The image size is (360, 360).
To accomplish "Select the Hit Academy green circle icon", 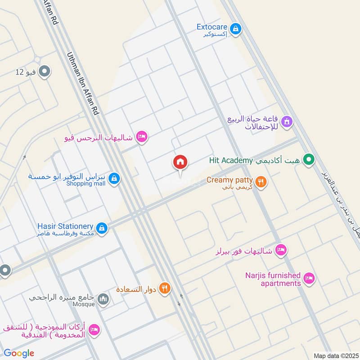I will coord(308,159).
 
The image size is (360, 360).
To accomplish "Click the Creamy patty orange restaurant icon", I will coord(261,182).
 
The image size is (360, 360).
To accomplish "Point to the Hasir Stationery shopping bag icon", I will coord(102,228).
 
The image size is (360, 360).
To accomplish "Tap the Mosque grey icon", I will coord(103,299).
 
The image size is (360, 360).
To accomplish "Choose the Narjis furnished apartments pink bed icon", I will coord(308,279).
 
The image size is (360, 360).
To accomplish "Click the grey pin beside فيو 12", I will coord(45,71).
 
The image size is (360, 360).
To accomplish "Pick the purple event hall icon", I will coord(287,121).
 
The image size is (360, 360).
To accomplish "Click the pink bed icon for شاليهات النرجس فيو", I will coord(142,136).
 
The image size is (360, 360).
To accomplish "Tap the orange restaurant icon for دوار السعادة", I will coord(165,288).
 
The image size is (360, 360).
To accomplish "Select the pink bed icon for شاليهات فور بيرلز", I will coord(281,250).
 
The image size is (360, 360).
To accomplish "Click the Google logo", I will coord(19,353).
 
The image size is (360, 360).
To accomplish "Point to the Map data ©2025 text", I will coord(335,355).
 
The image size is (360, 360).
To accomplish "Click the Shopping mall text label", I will coord(85,184).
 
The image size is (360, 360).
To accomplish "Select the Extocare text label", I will coord(212,27).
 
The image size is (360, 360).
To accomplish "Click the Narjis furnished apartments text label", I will coord(273,279).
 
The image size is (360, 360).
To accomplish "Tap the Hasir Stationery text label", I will coord(66,226).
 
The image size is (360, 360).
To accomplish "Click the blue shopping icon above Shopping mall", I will coord(115,179).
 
